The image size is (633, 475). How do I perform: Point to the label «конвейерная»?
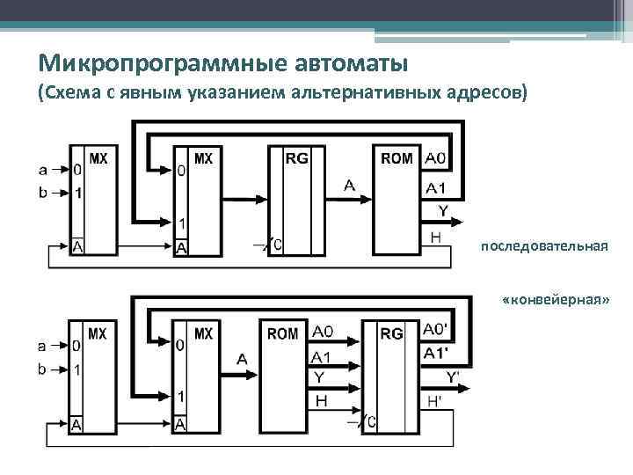[x=555, y=300]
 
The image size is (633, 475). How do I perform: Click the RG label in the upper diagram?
[x=296, y=159]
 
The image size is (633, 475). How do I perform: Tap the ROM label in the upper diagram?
[x=397, y=159]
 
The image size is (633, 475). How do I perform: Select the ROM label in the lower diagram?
[x=283, y=334]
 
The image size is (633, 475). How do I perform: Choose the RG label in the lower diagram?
[x=392, y=334]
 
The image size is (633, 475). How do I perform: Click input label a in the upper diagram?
[x=43, y=168]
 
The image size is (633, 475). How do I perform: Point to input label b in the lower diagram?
[x=42, y=369]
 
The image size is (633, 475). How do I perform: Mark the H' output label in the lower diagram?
[x=434, y=401]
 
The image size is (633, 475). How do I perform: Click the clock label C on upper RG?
[x=278, y=245]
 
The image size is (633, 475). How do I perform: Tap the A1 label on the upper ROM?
[x=436, y=187]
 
